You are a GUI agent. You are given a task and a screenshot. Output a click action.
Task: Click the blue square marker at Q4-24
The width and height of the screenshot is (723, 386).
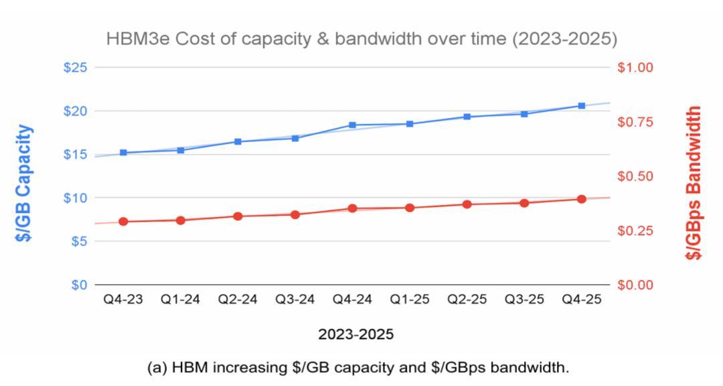click(352, 125)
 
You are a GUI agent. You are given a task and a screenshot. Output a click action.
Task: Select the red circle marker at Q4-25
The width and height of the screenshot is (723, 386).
click(581, 199)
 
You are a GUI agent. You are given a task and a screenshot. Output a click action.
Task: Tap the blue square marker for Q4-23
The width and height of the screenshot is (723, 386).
click(124, 153)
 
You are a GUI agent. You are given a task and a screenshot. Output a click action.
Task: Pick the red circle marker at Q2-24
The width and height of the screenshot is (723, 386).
click(238, 216)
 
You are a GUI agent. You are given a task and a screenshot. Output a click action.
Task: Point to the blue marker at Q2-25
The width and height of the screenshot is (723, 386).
click(467, 117)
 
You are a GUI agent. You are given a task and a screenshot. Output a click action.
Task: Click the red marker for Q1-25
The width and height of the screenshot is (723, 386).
click(410, 208)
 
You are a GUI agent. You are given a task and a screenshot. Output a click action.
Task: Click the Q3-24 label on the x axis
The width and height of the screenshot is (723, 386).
click(295, 300)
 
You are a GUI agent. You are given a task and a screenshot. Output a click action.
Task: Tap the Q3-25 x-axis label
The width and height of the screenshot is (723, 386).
click(524, 300)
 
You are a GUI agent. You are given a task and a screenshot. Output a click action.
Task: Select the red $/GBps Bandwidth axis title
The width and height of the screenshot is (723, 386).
click(696, 182)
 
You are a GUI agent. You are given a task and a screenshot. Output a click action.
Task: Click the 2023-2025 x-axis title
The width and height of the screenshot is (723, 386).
click(355, 334)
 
